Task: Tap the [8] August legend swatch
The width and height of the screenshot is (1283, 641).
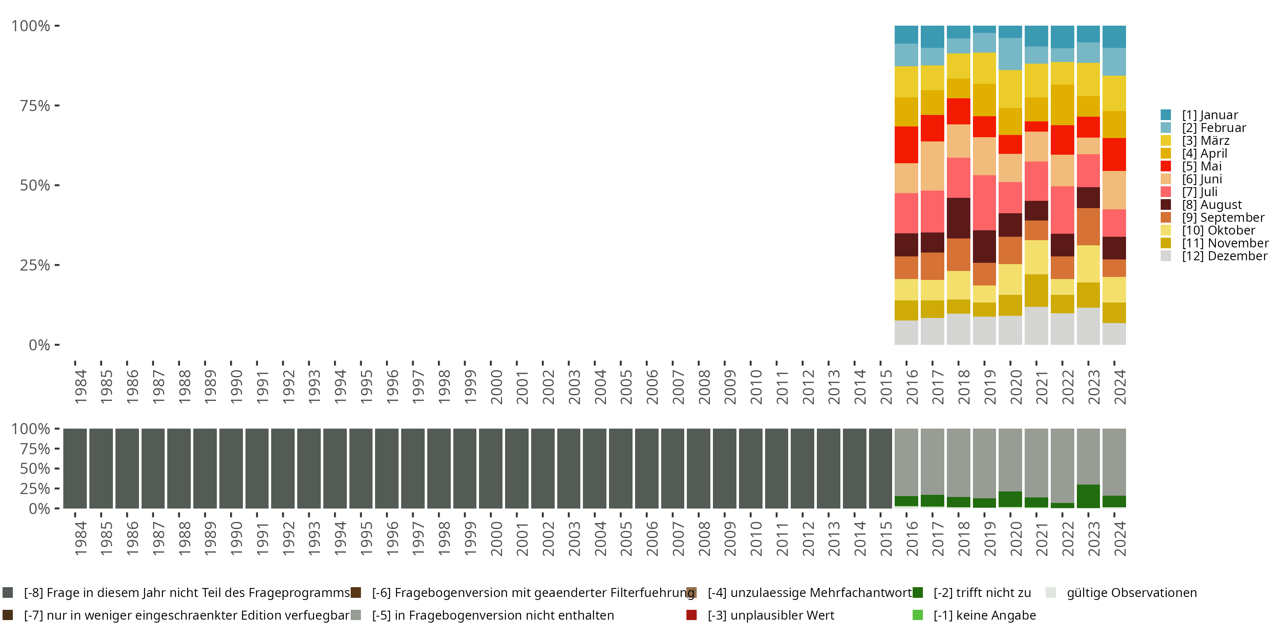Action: click(x=1165, y=205)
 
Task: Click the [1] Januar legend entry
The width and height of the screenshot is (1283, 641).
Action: click(x=1209, y=115)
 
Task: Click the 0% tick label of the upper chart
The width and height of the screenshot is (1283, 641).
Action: click(x=39, y=345)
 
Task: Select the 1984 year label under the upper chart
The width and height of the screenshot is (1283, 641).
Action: click(x=80, y=387)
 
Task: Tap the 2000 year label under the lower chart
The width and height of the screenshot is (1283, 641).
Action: click(x=496, y=538)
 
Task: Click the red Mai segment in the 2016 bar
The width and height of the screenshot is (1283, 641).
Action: click(x=906, y=145)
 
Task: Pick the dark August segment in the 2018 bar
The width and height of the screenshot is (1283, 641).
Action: click(x=958, y=218)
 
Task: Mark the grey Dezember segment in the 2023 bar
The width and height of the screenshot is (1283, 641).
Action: click(x=1088, y=326)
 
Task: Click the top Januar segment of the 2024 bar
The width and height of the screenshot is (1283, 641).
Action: click(x=1114, y=36)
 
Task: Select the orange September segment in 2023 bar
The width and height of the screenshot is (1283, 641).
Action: click(x=1088, y=226)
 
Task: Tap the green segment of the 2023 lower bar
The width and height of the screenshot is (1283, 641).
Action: click(x=1088, y=496)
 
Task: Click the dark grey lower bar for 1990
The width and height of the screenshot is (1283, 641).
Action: click(x=231, y=468)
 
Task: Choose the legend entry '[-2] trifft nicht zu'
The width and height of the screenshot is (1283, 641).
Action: click(x=981, y=593)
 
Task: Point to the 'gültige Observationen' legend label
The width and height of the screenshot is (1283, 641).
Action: click(x=1131, y=593)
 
